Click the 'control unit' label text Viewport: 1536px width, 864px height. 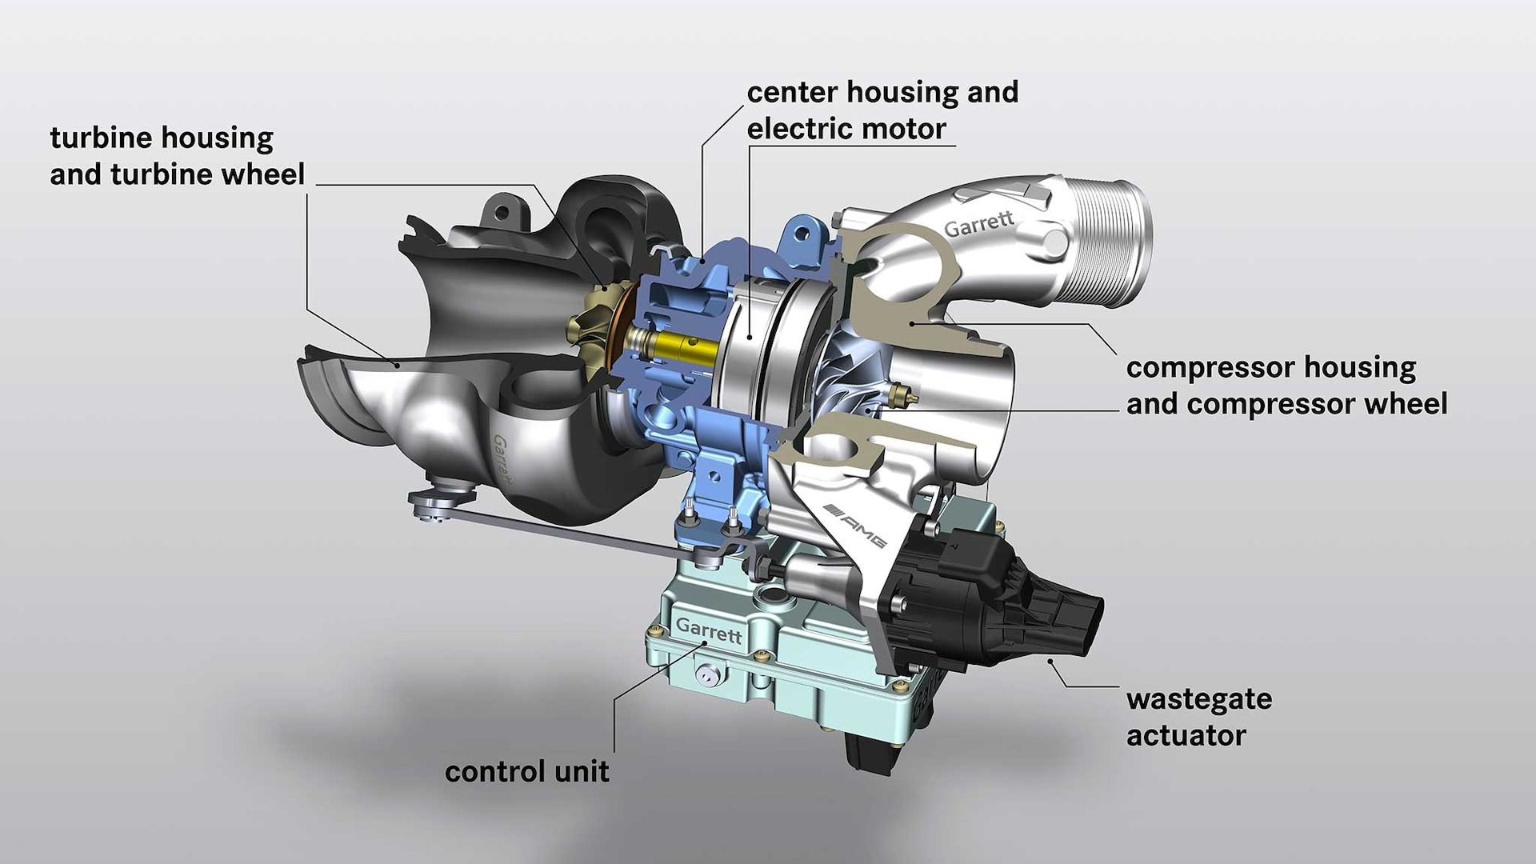tap(527, 772)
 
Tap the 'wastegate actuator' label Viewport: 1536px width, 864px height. tap(1198, 717)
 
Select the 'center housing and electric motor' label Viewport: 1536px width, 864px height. tap(882, 110)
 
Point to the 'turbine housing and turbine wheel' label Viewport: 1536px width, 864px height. tap(178, 156)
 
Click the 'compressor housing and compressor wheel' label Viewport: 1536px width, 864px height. tap(1286, 386)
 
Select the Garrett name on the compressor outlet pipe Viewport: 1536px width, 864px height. tap(979, 223)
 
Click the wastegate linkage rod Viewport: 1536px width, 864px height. tap(560, 528)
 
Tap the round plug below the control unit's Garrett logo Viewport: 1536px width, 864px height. tap(706, 675)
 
